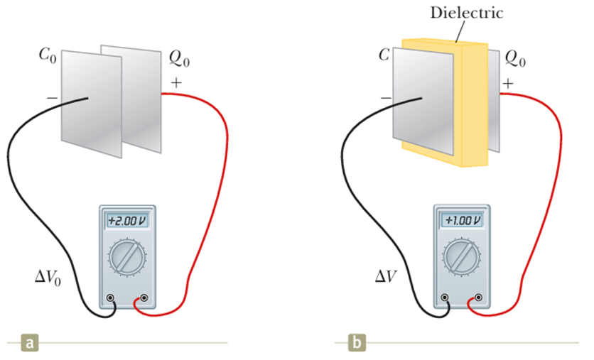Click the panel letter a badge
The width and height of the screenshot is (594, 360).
coord(29,344)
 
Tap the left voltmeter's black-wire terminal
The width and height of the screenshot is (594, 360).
coord(111,298)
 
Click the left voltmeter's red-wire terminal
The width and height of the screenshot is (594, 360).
coord(146,298)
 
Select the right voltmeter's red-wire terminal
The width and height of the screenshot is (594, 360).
coord(481,298)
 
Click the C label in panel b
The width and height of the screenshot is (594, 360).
coord(384,54)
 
